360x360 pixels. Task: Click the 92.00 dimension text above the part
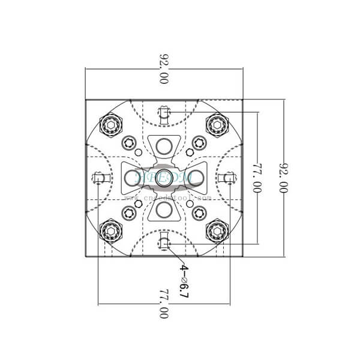coord(163,68)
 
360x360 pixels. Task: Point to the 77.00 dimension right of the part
coord(257,178)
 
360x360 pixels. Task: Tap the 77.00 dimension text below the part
coord(163,304)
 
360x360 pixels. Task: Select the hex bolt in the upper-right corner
coord(216,124)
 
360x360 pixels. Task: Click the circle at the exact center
coord(164,177)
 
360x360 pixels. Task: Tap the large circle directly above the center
coord(164,145)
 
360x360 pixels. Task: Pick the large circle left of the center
coord(131,177)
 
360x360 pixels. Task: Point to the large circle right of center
coord(196,177)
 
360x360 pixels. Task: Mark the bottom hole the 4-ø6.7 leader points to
coord(164,243)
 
